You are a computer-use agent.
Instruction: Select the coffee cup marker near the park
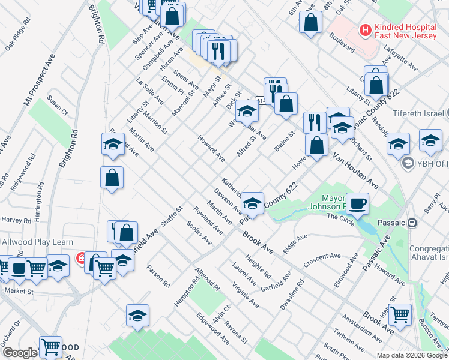[358, 204]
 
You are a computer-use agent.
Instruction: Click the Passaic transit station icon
[412, 223]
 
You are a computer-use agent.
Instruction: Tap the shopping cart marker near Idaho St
[400, 313]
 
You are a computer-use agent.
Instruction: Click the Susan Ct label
[58, 105]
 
